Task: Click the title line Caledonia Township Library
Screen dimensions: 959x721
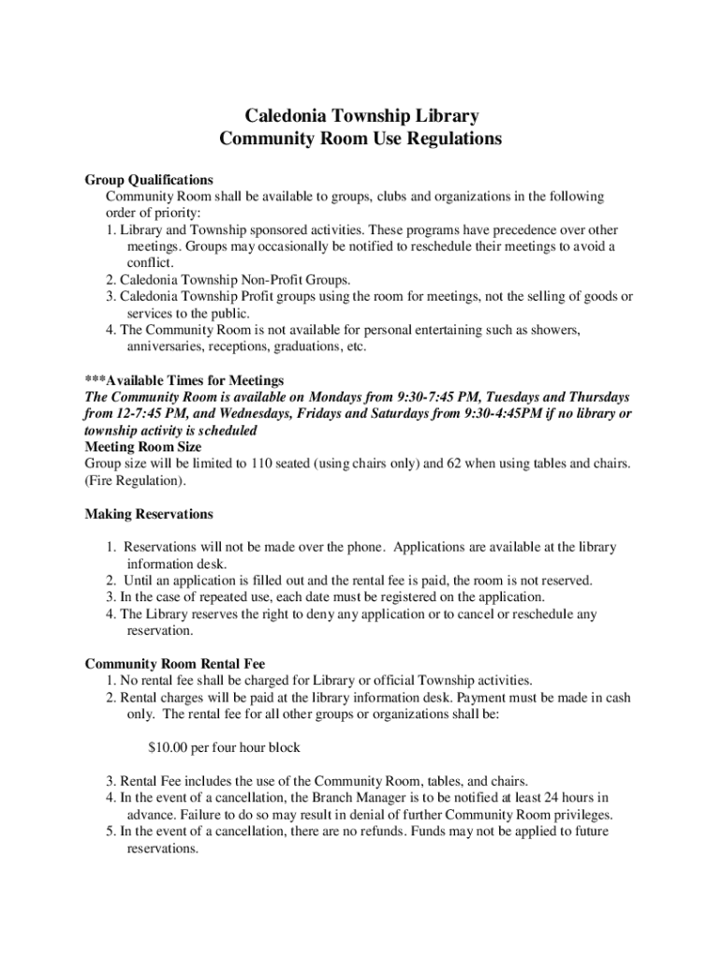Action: [x=360, y=116]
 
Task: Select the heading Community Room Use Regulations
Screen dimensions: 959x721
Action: [x=360, y=139]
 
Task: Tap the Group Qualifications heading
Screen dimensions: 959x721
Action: [x=149, y=180]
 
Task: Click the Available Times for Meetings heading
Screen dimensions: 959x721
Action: [x=184, y=380]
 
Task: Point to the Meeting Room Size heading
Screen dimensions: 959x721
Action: [x=143, y=447]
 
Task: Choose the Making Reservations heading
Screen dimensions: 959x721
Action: [x=149, y=514]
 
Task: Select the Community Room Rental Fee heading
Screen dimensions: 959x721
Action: [x=175, y=664]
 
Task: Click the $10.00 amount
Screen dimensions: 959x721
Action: [x=169, y=748]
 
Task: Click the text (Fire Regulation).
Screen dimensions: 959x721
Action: [x=136, y=480]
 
